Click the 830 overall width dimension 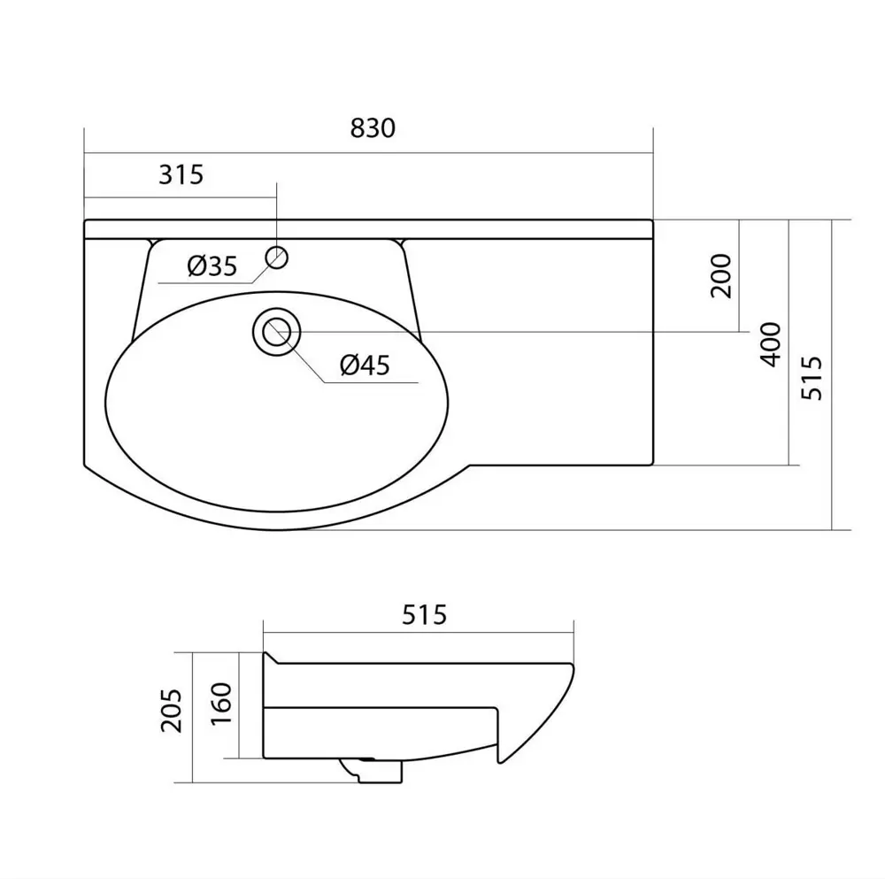(x=372, y=128)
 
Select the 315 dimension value (x=181, y=174)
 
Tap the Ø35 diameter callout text (x=212, y=265)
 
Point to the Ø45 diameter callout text (x=365, y=365)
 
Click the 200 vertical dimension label (x=721, y=275)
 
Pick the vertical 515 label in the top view (x=812, y=377)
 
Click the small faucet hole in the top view (x=277, y=258)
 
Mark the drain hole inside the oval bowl (x=277, y=332)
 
